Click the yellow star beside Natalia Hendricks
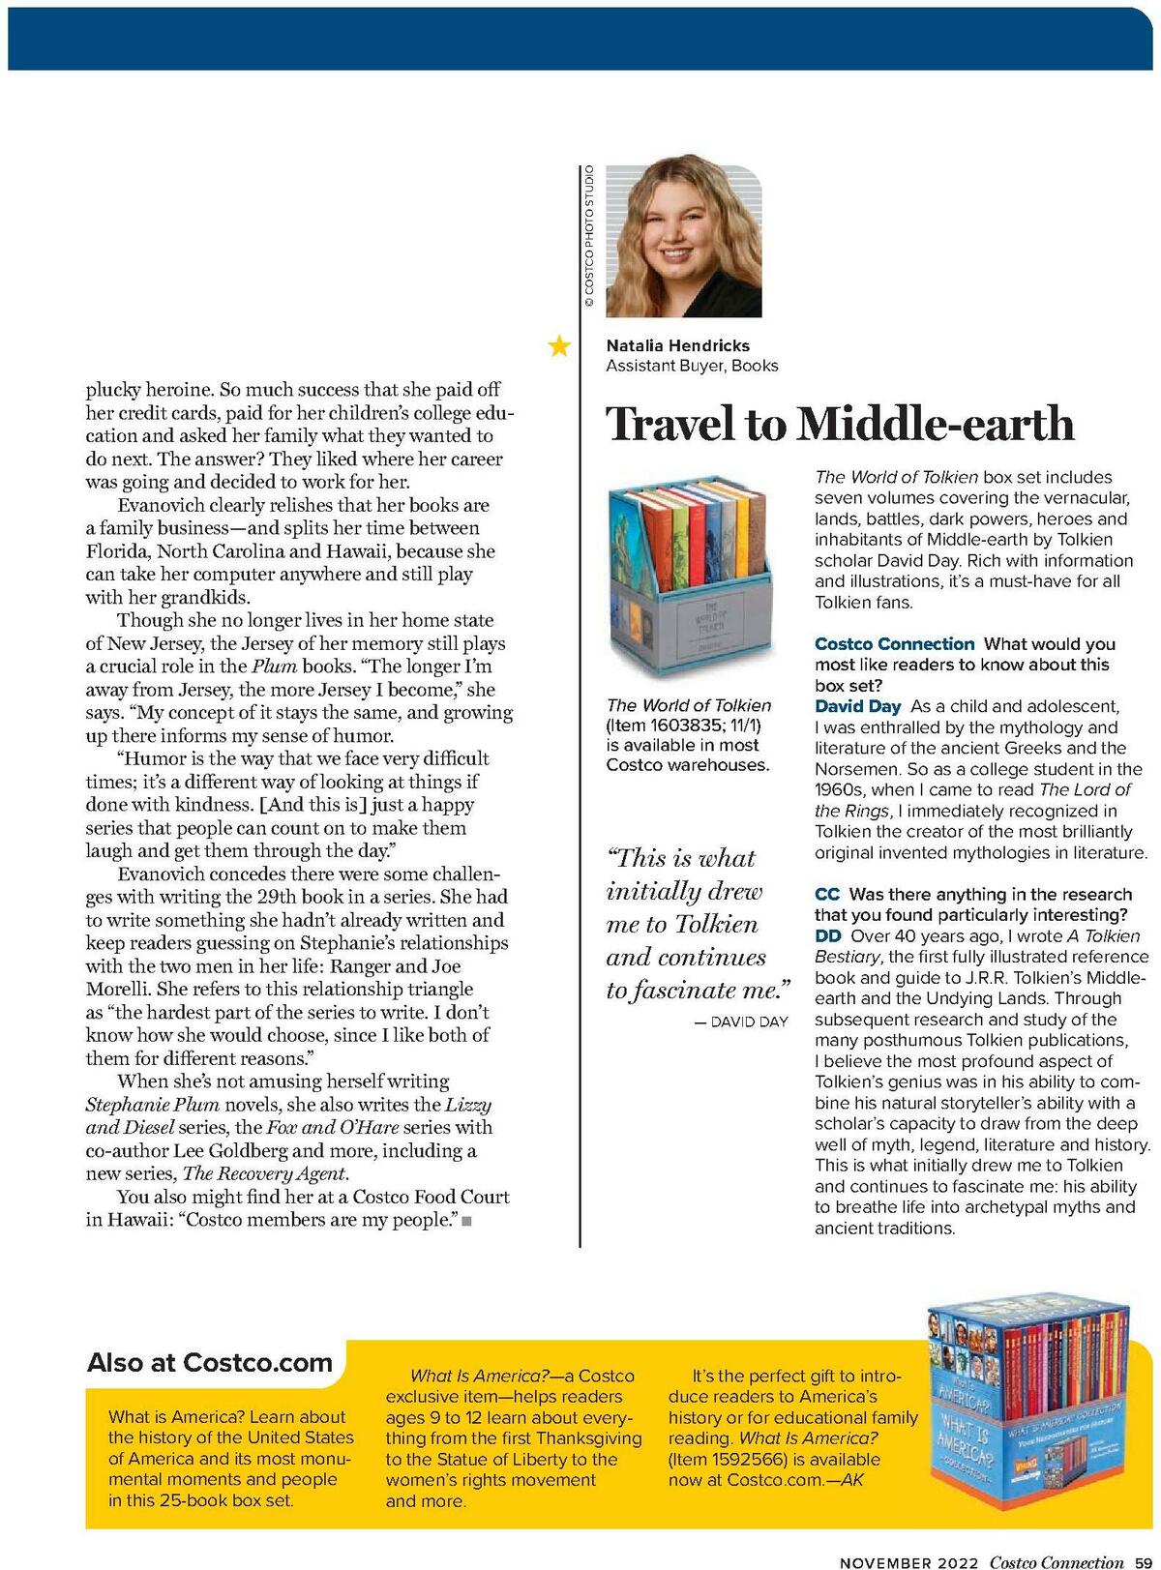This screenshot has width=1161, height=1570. point(558,345)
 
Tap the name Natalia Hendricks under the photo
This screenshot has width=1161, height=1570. point(677,345)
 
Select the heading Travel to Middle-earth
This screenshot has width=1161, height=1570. point(840,424)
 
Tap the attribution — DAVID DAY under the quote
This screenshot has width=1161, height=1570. point(741,1022)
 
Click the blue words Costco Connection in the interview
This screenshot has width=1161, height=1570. point(894,644)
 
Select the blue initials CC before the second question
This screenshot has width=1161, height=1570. point(826,894)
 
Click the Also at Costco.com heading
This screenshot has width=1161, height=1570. point(210,1363)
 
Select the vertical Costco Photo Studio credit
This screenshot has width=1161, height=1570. point(588,238)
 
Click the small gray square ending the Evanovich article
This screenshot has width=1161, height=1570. point(466,1222)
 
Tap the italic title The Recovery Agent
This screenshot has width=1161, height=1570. point(263,1173)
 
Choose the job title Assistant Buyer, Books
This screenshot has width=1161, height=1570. point(692,366)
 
